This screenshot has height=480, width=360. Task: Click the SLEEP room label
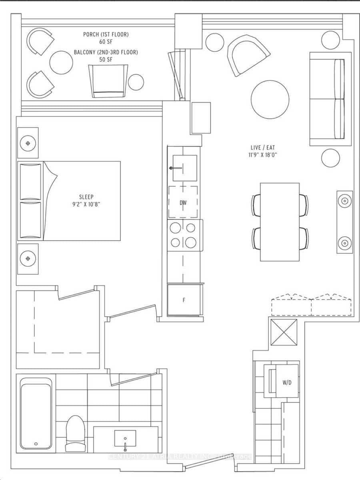86,197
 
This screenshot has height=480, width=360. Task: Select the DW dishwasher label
183,203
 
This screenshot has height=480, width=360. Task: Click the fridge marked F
184,300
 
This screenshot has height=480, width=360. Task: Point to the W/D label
286,382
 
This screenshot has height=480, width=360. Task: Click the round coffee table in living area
270,100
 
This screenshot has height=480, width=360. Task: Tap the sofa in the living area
327,99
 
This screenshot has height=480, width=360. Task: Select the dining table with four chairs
280,222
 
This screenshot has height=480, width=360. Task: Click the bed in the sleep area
69,201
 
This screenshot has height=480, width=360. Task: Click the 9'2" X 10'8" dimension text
86,204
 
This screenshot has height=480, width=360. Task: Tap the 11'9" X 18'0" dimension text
262,155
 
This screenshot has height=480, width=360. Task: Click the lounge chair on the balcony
108,80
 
